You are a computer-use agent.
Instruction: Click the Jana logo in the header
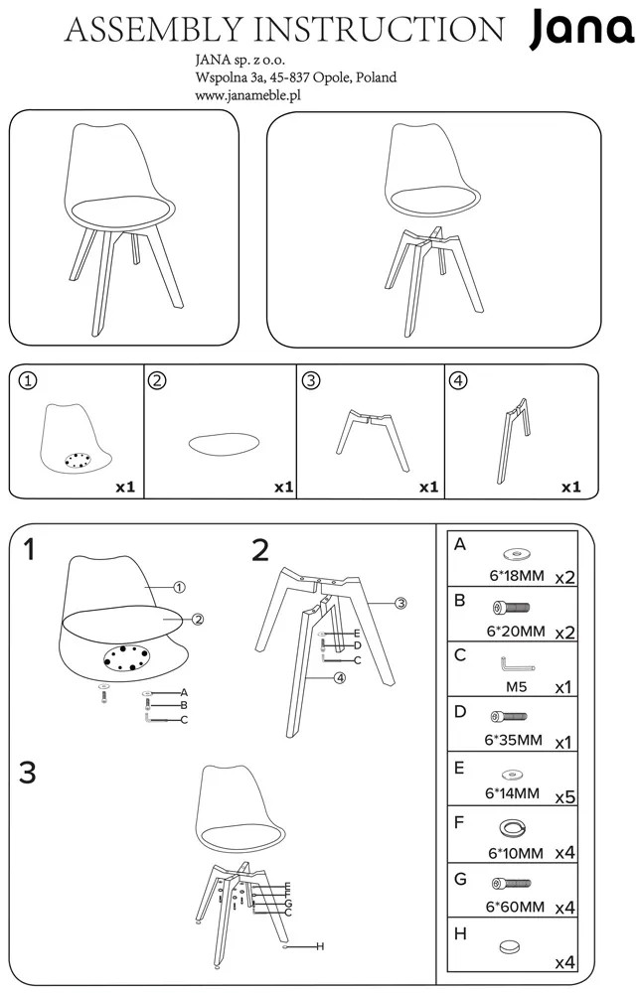(581, 31)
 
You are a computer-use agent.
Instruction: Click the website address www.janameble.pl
(247, 95)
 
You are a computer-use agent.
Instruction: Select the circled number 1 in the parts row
(29, 380)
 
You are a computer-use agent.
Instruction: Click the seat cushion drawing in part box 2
(225, 443)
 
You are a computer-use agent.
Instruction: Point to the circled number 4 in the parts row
(457, 380)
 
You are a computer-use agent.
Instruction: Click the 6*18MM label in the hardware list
(517, 576)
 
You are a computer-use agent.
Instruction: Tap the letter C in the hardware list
(460, 654)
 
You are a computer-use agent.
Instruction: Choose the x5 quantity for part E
(565, 796)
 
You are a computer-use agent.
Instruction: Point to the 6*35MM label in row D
(513, 740)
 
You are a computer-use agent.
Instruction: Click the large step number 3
(27, 773)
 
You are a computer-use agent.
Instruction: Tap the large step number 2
(260, 550)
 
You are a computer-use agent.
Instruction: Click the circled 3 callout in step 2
(400, 604)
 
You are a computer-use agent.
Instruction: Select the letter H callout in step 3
(320, 946)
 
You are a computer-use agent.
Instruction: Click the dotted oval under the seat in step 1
(126, 657)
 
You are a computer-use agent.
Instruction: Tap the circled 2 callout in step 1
(198, 620)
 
